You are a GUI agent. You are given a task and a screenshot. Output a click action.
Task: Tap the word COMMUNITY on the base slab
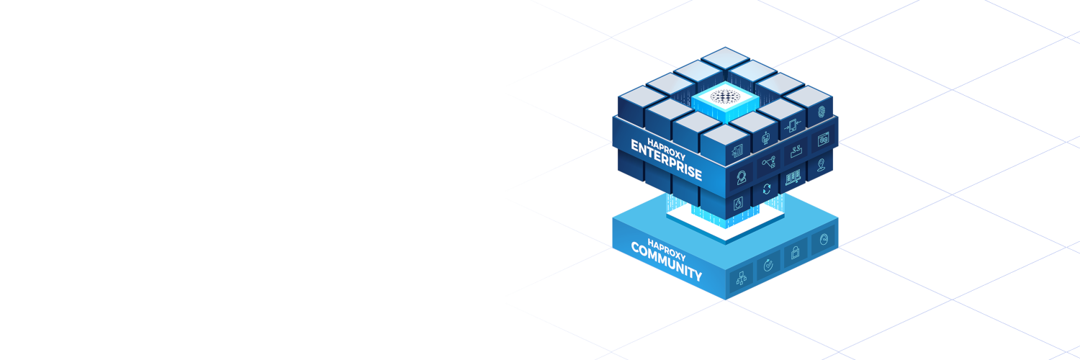(666, 262)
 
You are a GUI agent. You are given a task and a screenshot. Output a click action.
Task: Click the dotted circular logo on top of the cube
(722, 96)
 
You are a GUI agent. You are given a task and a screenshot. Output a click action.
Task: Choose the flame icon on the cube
(738, 204)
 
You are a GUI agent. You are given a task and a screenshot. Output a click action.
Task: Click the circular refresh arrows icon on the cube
(766, 189)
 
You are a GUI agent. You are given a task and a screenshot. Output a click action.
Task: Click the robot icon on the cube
(766, 137)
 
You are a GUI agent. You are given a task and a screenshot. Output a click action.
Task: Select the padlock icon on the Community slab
(795, 252)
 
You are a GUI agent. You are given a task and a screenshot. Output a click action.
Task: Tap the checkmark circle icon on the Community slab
(768, 264)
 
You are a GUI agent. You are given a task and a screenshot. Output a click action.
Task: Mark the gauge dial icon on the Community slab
(822, 240)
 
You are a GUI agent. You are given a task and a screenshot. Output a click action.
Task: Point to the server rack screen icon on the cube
(793, 176)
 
